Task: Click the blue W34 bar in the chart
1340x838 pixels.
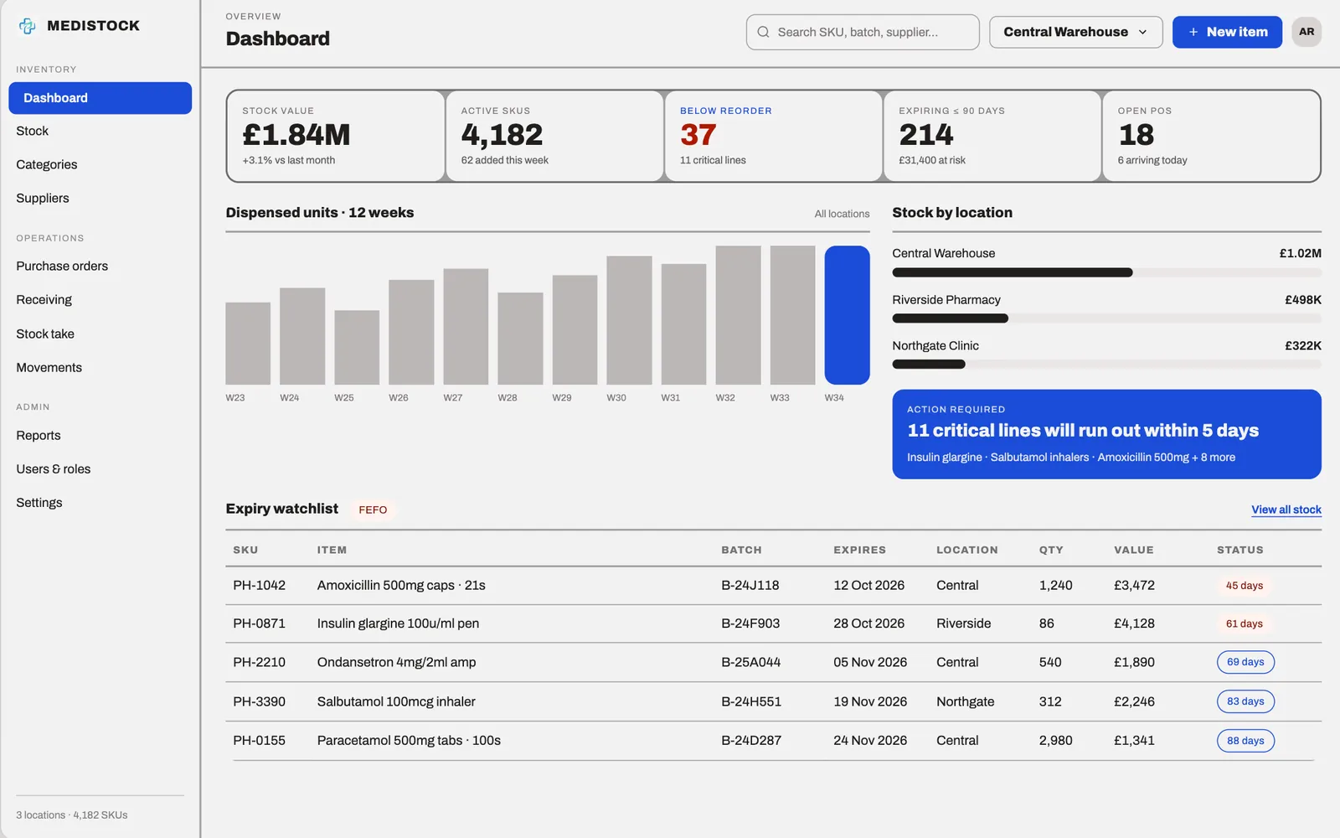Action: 847,315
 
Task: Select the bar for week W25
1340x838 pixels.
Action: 357,347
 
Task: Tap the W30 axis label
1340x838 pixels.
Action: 616,397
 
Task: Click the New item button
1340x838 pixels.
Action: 1227,32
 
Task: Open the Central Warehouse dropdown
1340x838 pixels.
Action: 1075,32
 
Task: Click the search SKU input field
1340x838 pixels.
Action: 863,32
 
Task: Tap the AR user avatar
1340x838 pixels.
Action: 1306,32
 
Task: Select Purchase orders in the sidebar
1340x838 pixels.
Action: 62,266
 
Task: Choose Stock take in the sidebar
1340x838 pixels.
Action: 45,334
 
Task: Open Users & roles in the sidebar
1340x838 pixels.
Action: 54,468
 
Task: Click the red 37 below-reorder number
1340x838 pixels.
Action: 698,135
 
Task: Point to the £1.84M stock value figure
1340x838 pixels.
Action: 296,135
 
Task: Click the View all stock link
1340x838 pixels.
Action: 1286,510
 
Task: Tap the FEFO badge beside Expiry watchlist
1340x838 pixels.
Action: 373,510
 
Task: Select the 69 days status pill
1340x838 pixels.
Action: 1245,662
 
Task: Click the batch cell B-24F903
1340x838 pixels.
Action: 750,623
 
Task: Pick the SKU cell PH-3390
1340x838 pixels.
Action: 259,701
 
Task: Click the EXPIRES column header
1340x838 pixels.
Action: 859,550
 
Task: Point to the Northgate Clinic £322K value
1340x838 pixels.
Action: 1303,345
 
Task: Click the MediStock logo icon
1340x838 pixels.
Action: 27,26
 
